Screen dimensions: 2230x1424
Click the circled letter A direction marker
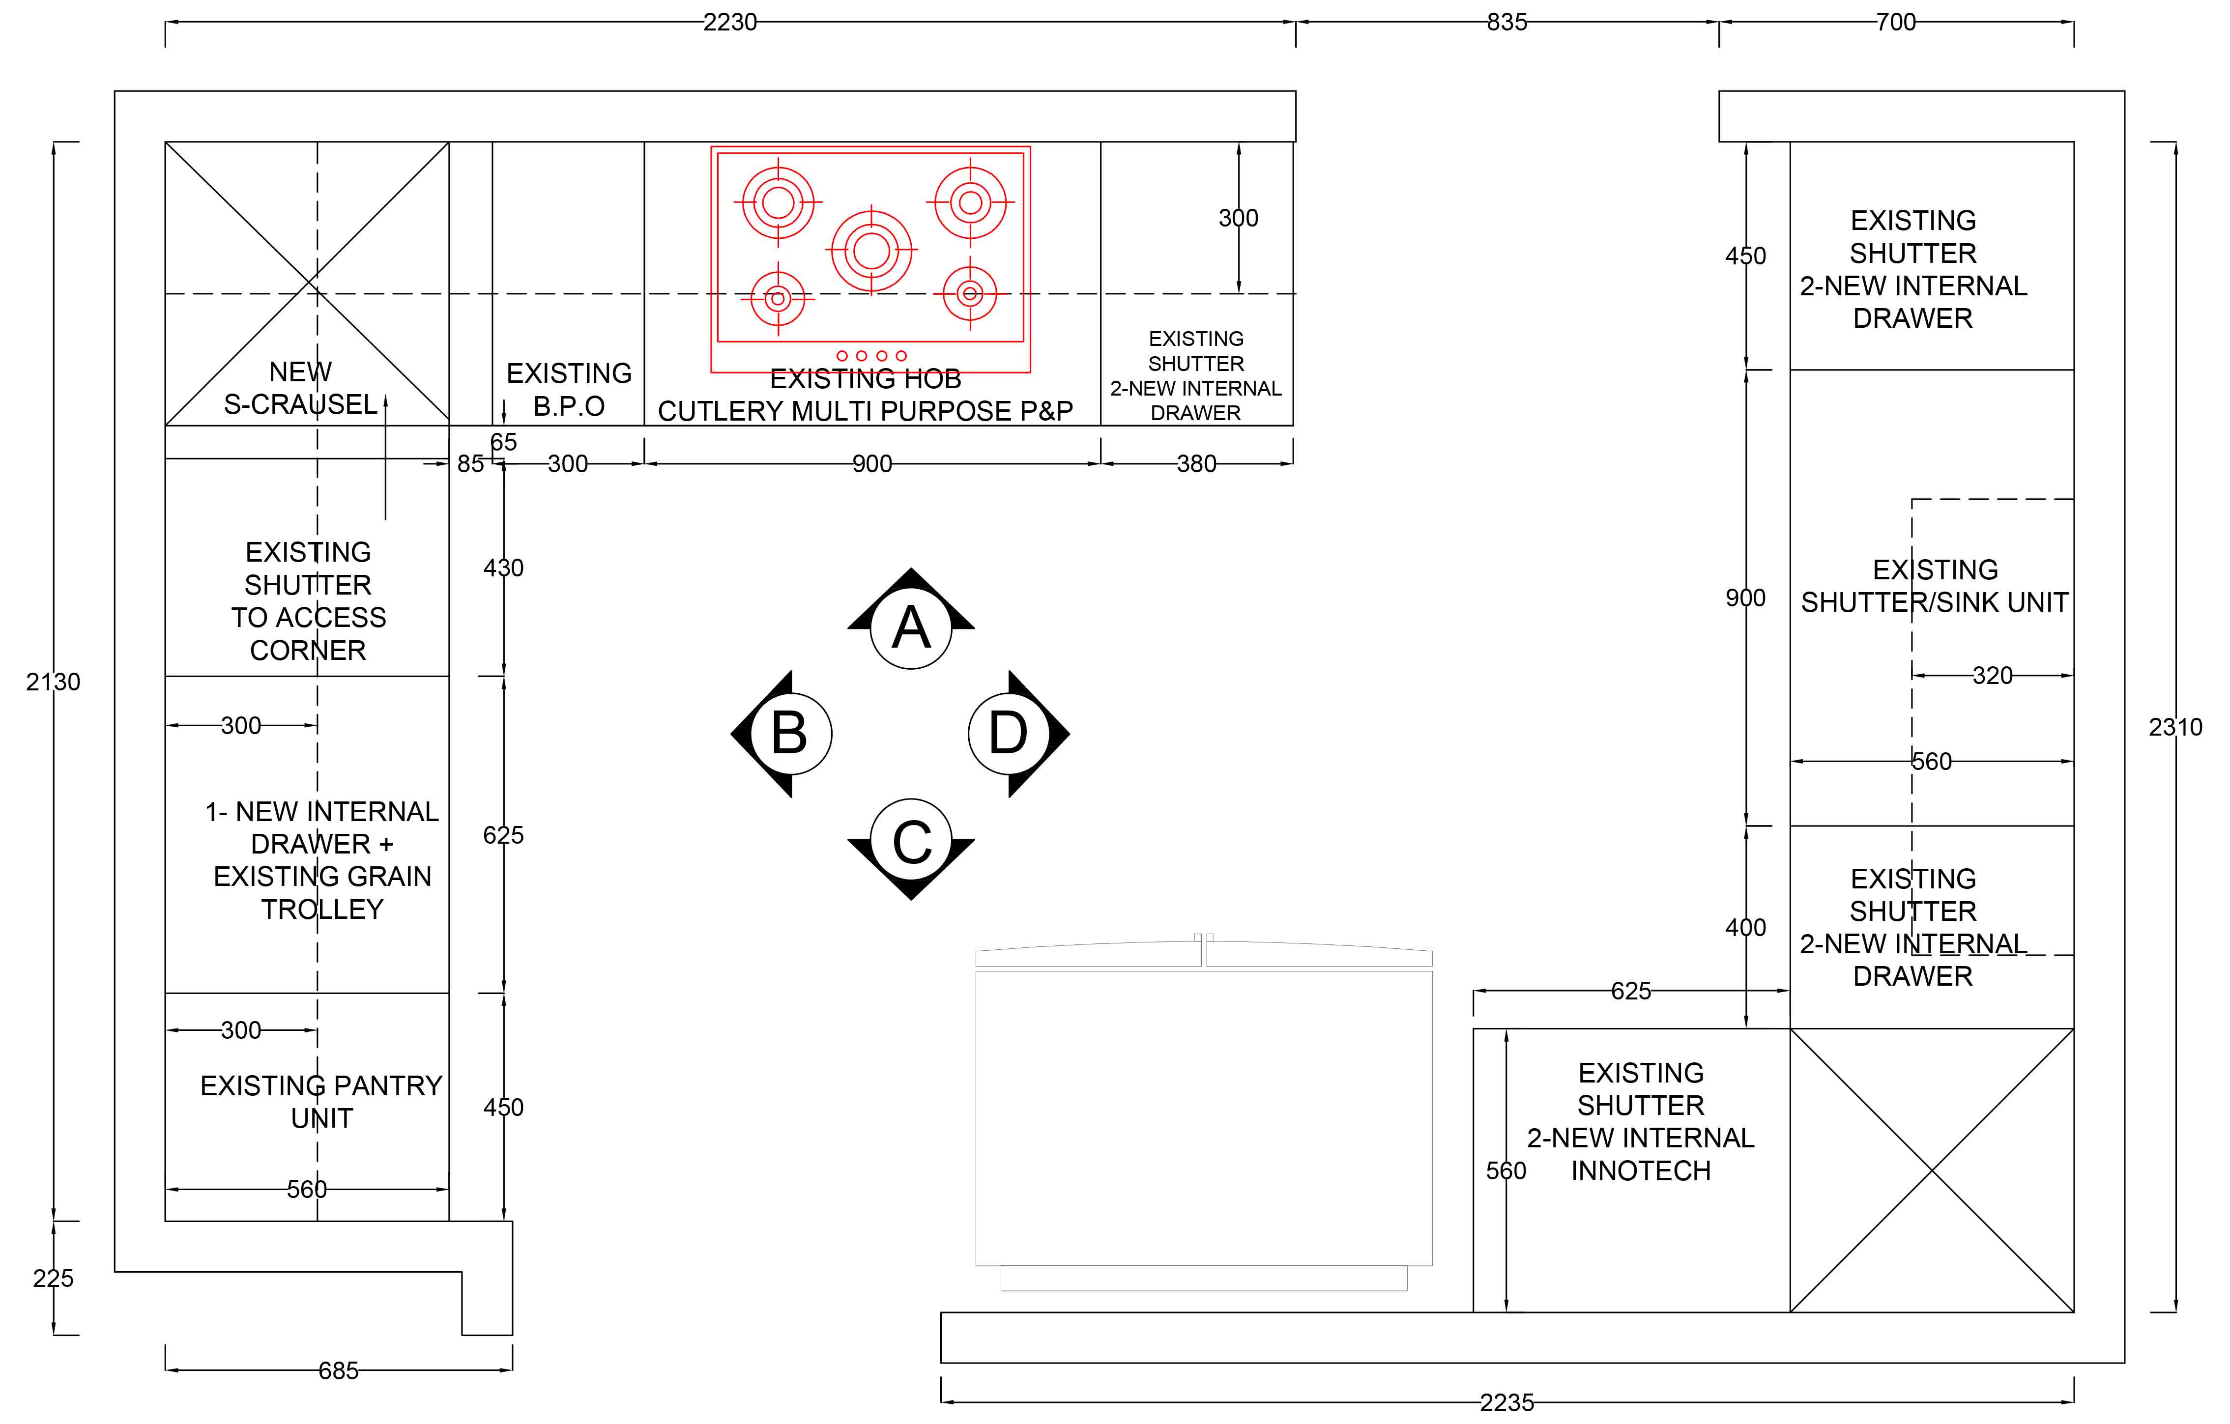911,628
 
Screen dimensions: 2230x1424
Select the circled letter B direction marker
790,733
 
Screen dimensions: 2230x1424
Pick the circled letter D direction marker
1010,733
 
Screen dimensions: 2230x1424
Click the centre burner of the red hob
871,250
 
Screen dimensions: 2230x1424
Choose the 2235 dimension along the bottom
1506,1403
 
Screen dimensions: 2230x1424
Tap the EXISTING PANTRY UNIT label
321,1102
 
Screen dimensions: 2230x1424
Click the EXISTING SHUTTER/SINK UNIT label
1935,586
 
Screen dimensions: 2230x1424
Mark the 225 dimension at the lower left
53,1279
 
